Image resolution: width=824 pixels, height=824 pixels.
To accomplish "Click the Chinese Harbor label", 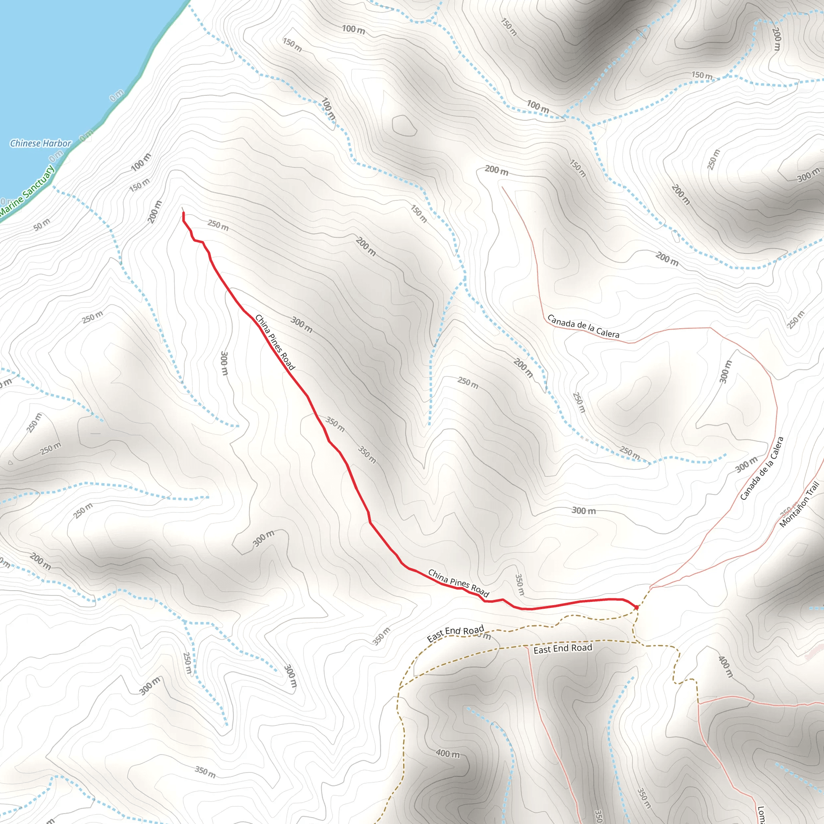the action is (x=41, y=143).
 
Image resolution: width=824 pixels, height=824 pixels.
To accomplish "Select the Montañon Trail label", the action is (x=799, y=504).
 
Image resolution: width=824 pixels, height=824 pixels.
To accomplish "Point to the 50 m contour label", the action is (x=42, y=225).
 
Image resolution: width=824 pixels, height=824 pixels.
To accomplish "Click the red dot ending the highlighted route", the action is (x=637, y=607).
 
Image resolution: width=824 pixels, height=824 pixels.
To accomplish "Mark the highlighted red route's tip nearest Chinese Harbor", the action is (x=183, y=213).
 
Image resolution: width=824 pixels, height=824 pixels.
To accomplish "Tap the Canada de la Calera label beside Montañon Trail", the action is (x=762, y=468).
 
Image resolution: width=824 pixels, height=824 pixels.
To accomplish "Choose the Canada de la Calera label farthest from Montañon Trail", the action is (x=583, y=326).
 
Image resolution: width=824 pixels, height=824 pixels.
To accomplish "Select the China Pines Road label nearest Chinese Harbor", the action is (x=275, y=342).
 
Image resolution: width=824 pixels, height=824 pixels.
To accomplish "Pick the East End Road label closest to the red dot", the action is (x=562, y=649).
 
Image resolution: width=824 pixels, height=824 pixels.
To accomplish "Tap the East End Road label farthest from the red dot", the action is (x=455, y=634).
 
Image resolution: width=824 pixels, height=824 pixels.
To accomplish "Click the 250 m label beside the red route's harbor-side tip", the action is (x=218, y=225).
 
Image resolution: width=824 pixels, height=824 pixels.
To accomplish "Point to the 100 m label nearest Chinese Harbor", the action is (x=141, y=162).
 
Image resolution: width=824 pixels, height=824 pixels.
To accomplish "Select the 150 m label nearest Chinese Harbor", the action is (x=140, y=185).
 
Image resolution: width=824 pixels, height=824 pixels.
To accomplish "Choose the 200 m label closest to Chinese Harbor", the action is (x=155, y=212).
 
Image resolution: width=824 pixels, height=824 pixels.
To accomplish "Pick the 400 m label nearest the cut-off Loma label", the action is (x=725, y=666).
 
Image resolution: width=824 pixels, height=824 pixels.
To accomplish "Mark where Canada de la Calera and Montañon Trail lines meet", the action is (x=651, y=587).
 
